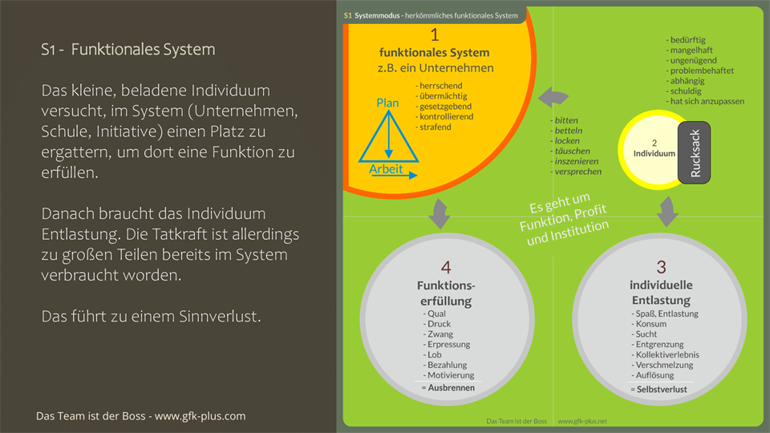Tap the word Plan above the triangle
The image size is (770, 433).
tap(388, 103)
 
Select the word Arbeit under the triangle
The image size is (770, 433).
tap(386, 169)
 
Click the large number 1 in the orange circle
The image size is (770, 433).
tap(435, 34)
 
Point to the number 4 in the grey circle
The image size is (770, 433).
tap(446, 267)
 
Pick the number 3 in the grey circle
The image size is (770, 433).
tap(661, 267)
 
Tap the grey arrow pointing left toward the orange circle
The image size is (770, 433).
tap(551, 98)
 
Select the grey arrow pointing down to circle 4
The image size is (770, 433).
tap(439, 214)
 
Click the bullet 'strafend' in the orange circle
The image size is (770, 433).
tap(436, 127)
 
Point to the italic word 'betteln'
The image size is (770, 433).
tap(568, 131)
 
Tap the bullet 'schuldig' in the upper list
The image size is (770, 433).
tap(687, 91)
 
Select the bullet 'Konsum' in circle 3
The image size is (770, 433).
tap(654, 323)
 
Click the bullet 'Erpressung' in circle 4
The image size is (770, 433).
tap(448, 344)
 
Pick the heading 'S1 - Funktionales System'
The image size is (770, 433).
tap(128, 50)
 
